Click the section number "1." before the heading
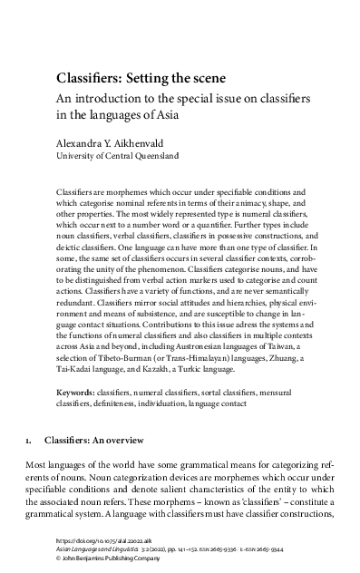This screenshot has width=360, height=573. click(x=29, y=465)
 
